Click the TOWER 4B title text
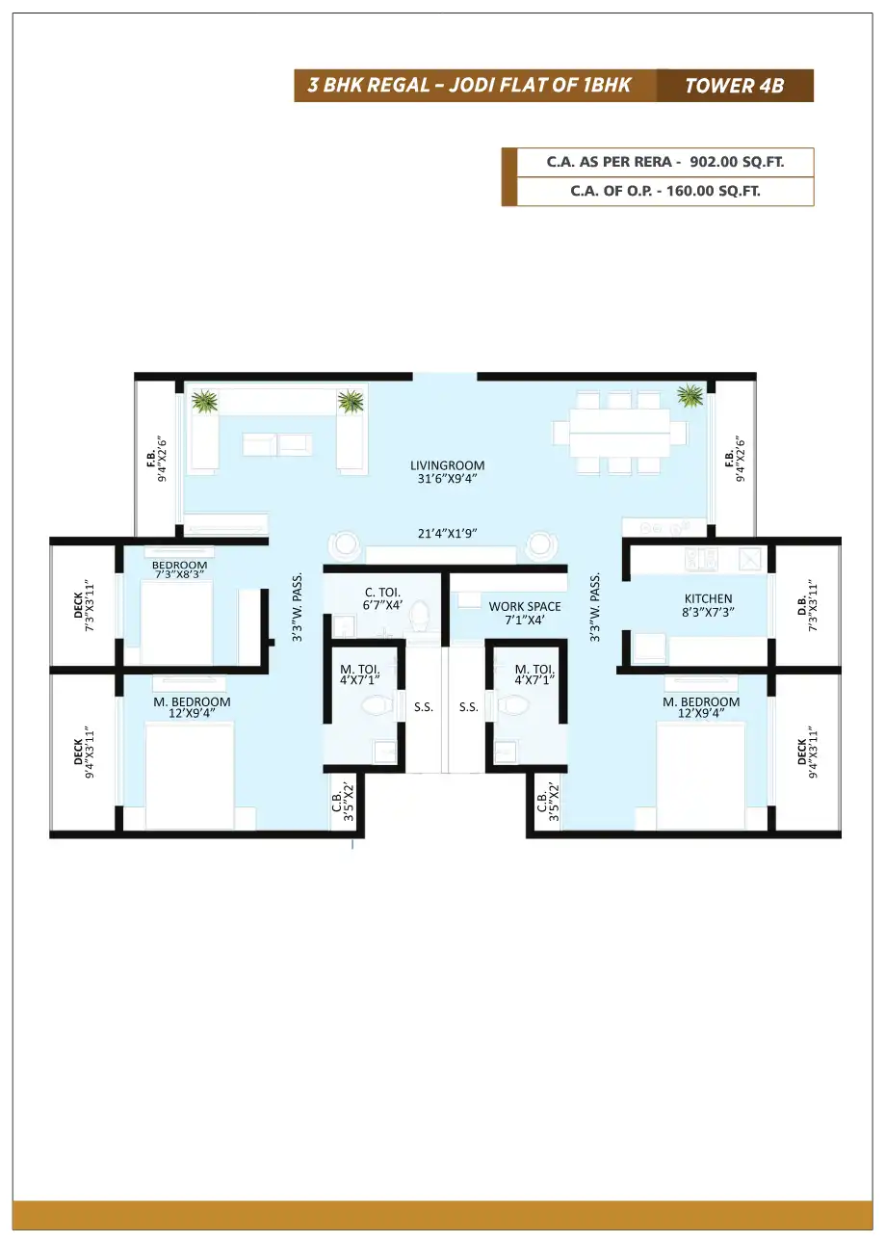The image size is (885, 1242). pos(734,86)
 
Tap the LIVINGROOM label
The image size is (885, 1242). pos(447,465)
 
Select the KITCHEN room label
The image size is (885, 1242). pos(708,598)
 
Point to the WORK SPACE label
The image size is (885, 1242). pos(524,607)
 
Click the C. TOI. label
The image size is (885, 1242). pos(382,593)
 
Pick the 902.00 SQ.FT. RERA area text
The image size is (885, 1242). pos(737,162)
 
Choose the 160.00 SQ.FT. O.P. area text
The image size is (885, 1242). pos(713,192)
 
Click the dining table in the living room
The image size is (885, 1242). pos(619,433)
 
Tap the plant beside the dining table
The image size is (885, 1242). pos(690,395)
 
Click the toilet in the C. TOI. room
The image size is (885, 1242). pos(420,615)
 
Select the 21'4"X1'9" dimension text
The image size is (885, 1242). pos(447,534)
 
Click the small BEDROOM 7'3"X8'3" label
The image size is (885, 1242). pos(179,569)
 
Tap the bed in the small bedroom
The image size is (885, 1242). pos(176,622)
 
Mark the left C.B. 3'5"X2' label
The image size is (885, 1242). pos(343,803)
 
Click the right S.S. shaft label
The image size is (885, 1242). pos(468,707)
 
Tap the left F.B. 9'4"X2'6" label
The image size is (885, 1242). pos(157,459)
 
